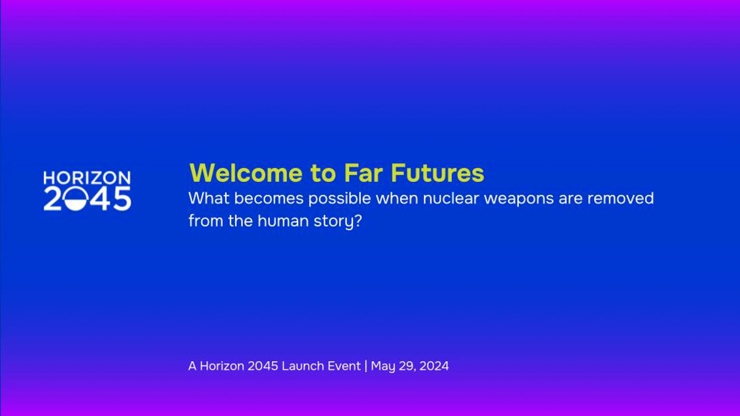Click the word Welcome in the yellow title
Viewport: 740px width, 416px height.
click(x=246, y=173)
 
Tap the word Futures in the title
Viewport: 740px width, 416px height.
click(x=438, y=173)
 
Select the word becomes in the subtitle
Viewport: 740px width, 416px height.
click(x=269, y=198)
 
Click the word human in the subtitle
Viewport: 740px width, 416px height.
click(x=283, y=221)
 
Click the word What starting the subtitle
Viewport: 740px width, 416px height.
click(x=209, y=198)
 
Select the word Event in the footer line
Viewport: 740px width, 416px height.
click(x=344, y=366)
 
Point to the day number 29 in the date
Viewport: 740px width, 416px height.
click(x=407, y=366)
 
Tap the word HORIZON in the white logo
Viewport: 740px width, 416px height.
click(x=87, y=178)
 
